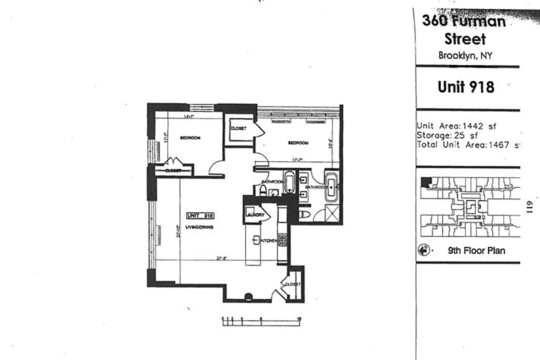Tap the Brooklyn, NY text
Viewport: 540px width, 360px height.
[465, 55]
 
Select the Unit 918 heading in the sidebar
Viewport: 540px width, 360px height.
[466, 87]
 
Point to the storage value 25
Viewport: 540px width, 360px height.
[459, 136]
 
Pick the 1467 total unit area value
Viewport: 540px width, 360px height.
[499, 145]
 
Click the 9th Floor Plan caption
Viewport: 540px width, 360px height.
[476, 250]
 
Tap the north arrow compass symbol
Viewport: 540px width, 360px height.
[423, 250]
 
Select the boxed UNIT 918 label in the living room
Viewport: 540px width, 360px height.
[200, 216]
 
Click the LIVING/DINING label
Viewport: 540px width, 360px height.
[199, 227]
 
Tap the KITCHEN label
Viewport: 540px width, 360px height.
[268, 241]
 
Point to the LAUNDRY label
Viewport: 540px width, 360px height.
[255, 215]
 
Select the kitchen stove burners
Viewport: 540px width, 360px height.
[282, 239]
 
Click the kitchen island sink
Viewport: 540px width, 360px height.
[256, 240]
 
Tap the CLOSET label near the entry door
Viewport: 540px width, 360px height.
[292, 284]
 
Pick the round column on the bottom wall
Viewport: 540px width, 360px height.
[248, 296]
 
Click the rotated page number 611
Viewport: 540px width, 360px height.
[529, 207]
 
